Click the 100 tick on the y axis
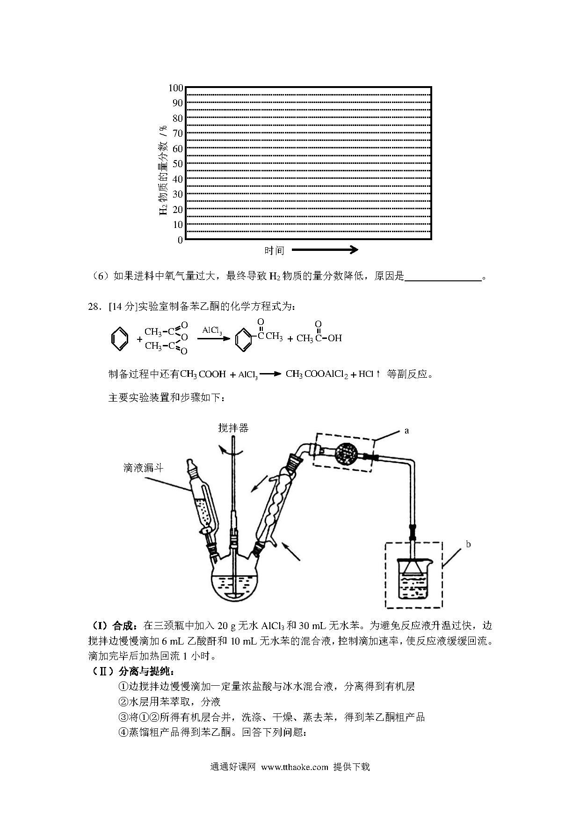coord(176,88)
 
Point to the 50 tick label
coord(178,164)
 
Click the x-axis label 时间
coord(274,250)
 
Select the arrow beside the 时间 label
coord(325,250)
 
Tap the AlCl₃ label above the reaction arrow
coord(212,330)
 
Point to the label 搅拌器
coord(233,427)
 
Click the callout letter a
coord(406,430)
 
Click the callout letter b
coord(468,544)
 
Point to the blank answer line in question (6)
coord(443,280)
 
